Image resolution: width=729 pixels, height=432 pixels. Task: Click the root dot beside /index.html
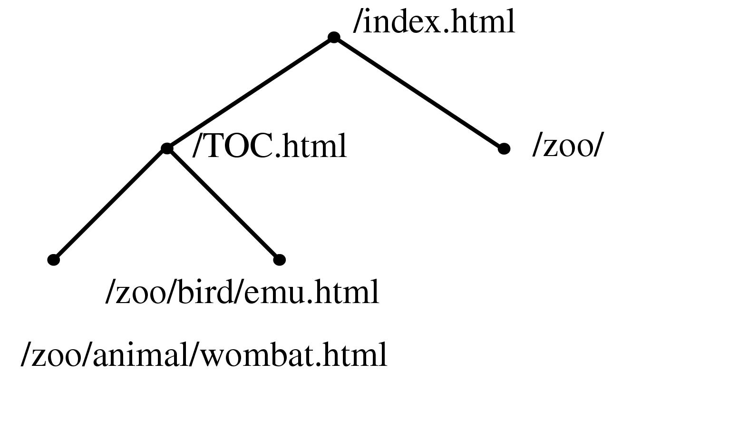pyautogui.click(x=334, y=37)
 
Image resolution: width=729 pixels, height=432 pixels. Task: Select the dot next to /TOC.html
pyautogui.click(x=167, y=148)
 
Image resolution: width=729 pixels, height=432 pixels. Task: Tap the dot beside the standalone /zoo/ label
pyautogui.click(x=504, y=149)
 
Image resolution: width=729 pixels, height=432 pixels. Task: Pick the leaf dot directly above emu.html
pyautogui.click(x=280, y=259)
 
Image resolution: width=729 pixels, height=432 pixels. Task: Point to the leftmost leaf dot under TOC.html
pyautogui.click(x=54, y=259)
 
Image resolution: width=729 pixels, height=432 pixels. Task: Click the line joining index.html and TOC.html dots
pyautogui.click(x=250, y=93)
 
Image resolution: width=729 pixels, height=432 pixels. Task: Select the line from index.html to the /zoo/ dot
pyautogui.click(x=418, y=93)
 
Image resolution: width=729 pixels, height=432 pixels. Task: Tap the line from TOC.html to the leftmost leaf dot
pyautogui.click(x=110, y=204)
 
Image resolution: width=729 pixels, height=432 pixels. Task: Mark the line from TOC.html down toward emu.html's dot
pyautogui.click(x=224, y=204)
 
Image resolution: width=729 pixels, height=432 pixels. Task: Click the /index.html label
pyautogui.click(x=434, y=22)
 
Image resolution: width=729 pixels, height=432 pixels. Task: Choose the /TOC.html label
pyautogui.click(x=270, y=146)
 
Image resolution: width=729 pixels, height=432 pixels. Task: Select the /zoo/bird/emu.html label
pyautogui.click(x=242, y=292)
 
